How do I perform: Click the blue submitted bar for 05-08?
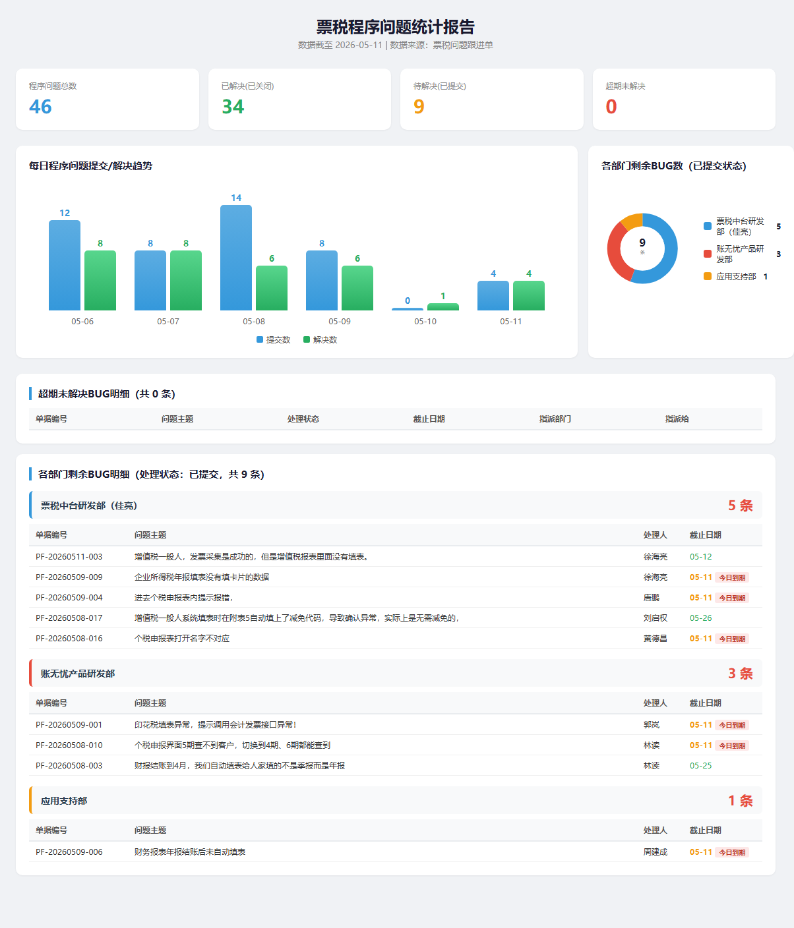point(236,258)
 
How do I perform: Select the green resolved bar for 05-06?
point(100,280)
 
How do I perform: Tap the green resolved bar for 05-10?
point(443,306)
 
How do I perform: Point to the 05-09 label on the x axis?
point(339,322)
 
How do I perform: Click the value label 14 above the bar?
point(236,198)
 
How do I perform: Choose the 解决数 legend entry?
point(321,340)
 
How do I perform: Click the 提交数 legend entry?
point(274,340)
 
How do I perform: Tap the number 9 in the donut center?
point(642,243)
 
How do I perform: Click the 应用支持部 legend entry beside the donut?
point(735,277)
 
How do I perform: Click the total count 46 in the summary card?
point(40,107)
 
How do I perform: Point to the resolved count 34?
point(233,107)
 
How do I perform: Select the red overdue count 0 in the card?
point(611,107)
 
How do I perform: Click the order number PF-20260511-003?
point(69,557)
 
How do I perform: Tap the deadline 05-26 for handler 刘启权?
point(700,618)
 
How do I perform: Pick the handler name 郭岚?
point(652,724)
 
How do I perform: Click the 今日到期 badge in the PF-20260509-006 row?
point(732,852)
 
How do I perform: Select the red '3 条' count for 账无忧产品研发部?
point(741,674)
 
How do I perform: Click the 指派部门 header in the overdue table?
point(555,419)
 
